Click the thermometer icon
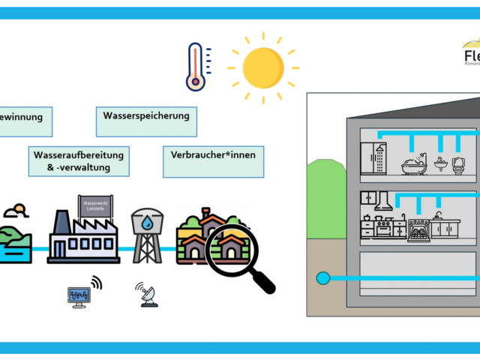coord(196,66)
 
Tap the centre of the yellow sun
coord(262,67)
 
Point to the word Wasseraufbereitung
coord(78,155)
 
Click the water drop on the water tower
coord(147,223)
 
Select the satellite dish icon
coord(147,295)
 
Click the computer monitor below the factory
coord(79,296)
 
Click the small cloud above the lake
coord(16,211)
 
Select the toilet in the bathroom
coord(457,164)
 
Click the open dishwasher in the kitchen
coord(418,229)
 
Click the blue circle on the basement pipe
coord(323,278)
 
